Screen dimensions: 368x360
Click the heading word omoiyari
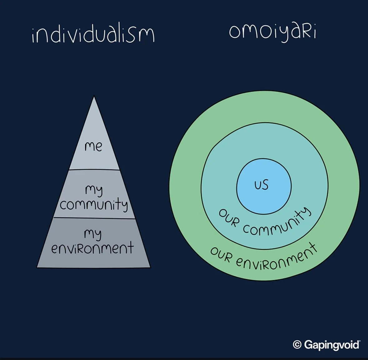tap(272, 32)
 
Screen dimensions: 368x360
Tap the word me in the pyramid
tap(93, 146)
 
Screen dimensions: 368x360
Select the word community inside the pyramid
tap(94, 205)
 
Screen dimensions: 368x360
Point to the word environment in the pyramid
tap(92, 248)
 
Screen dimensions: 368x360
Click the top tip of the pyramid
tap(94, 97)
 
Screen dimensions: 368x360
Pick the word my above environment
tap(93, 234)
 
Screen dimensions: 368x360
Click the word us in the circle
tap(262, 185)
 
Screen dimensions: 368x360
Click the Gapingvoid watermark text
tap(331, 345)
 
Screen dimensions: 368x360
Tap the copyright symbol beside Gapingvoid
tap(297, 345)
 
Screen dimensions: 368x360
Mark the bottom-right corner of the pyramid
tap(150, 267)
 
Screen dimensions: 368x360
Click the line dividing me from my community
tap(94, 170)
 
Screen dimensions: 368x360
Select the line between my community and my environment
tap(94, 218)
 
